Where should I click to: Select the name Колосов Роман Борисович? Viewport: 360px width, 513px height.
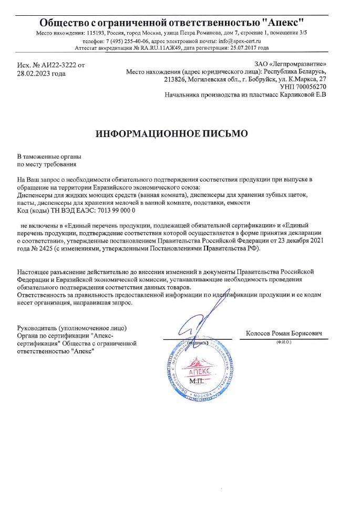click(283, 333)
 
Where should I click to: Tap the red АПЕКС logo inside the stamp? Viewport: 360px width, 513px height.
click(195, 370)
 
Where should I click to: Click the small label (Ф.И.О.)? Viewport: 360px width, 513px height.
click(283, 342)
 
